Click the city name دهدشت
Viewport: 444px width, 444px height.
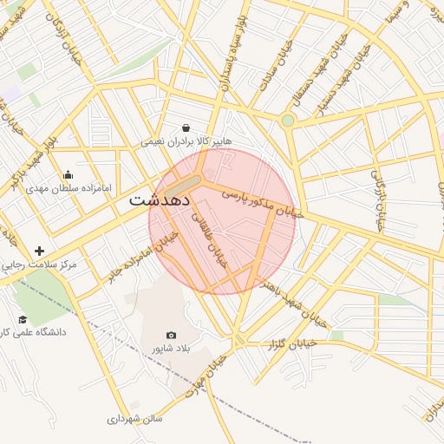coord(160,199)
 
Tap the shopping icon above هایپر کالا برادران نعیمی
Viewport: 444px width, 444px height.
coord(186,127)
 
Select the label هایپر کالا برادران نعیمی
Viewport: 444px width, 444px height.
coord(186,140)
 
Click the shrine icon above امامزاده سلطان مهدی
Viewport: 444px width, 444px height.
coord(69,174)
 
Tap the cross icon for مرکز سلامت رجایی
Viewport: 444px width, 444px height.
coord(39,251)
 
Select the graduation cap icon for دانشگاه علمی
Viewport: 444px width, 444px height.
coord(23,319)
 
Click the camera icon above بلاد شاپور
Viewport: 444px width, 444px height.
coord(171,335)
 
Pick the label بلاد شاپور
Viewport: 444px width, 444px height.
coord(171,349)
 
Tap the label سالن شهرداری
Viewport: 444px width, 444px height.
coord(135,419)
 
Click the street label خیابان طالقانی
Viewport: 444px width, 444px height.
coord(209,235)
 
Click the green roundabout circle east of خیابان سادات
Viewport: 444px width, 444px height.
coord(287,120)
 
